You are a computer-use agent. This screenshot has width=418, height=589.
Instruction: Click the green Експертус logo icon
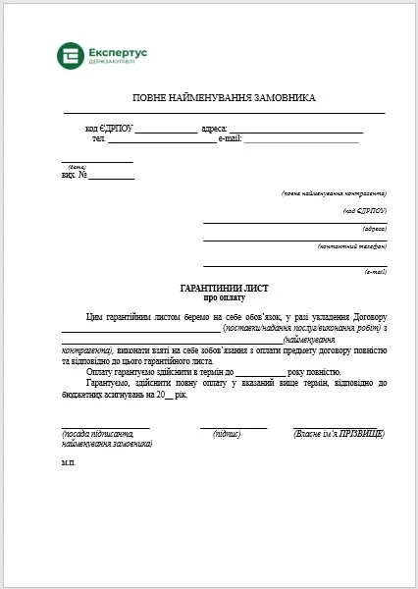(71, 57)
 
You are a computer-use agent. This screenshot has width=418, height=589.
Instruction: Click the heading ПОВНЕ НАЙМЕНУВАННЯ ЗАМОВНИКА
(225, 99)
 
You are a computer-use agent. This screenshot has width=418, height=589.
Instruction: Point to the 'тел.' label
(99, 138)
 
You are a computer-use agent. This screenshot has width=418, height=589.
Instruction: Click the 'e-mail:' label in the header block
(230, 138)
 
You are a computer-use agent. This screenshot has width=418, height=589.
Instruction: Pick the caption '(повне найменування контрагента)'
(334, 192)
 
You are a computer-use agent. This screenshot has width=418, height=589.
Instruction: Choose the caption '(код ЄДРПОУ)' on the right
(364, 210)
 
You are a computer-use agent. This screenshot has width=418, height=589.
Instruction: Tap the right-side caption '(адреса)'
(374, 228)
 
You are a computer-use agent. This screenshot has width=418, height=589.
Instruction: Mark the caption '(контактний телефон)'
(351, 245)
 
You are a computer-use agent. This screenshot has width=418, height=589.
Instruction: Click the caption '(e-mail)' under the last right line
(375, 271)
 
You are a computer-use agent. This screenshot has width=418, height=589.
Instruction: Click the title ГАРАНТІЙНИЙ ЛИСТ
(225, 288)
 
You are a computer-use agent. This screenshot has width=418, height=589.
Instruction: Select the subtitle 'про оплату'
(225, 296)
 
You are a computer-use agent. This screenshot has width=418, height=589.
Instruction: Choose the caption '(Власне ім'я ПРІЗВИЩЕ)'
(339, 433)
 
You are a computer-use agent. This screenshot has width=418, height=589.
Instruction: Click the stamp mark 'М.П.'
(68, 461)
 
